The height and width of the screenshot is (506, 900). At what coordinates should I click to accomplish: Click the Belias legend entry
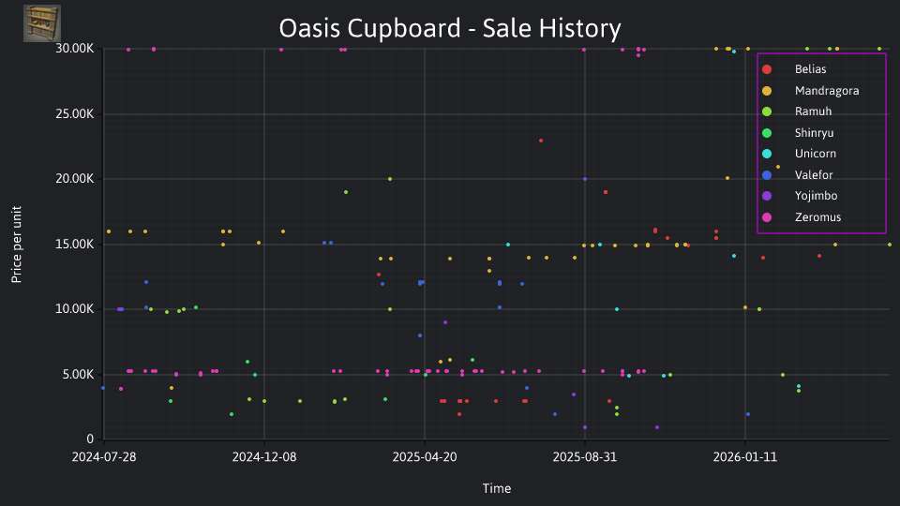click(794, 69)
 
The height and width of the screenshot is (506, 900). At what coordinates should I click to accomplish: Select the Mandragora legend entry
click(810, 91)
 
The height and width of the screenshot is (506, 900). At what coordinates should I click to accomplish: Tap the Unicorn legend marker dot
click(767, 154)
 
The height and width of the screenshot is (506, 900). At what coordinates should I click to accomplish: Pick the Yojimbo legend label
click(817, 196)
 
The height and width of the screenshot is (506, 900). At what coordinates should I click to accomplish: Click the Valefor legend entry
click(797, 175)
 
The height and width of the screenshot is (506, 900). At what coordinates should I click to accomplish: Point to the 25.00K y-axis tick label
click(75, 113)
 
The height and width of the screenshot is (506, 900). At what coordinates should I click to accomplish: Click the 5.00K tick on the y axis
click(78, 375)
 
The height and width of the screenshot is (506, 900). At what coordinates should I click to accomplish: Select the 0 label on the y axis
click(90, 439)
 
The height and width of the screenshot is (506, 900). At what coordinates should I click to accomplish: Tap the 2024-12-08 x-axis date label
click(264, 457)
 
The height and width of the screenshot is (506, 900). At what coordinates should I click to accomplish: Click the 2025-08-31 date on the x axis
click(585, 457)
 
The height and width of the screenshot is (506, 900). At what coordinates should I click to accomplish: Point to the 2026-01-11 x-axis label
click(745, 457)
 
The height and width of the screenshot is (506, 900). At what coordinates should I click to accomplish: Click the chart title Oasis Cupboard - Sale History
click(450, 28)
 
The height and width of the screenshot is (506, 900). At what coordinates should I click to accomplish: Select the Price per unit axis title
click(17, 245)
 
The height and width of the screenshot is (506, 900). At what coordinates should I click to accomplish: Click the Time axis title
click(497, 489)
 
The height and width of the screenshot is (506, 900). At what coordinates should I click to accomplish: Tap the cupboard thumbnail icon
click(42, 23)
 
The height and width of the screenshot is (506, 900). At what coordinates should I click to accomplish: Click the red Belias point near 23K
click(541, 141)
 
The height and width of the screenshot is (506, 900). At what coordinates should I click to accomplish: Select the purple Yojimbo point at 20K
click(585, 179)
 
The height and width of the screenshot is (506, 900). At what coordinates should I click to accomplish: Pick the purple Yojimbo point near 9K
click(445, 322)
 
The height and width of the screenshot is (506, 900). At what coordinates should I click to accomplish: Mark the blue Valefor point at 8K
click(420, 335)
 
